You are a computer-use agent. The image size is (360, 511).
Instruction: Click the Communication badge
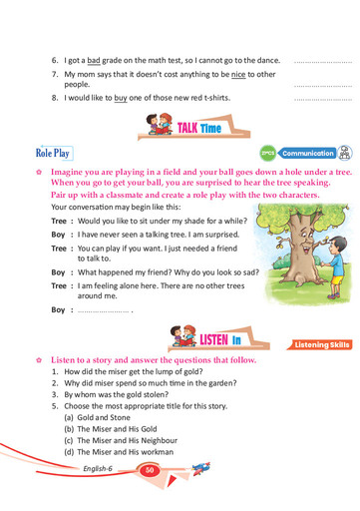pos(307,154)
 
